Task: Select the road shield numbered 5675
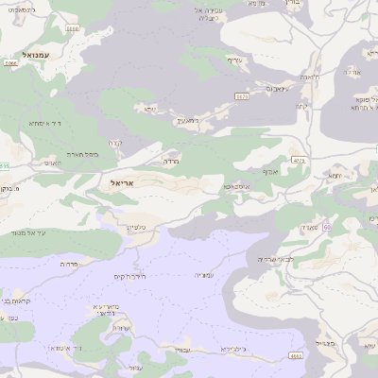242,95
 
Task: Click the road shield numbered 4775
299,162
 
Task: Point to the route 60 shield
326,227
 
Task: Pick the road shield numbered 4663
297,356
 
